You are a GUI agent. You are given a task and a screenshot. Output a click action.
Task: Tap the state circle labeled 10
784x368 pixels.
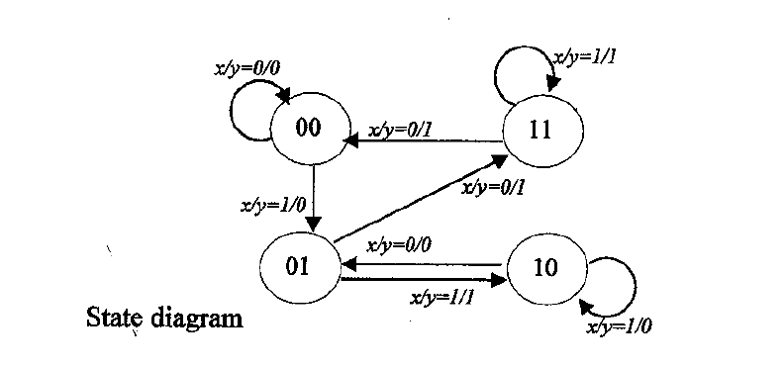pyautogui.click(x=545, y=267)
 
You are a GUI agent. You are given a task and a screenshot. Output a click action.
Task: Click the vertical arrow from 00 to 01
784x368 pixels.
pyautogui.click(x=312, y=198)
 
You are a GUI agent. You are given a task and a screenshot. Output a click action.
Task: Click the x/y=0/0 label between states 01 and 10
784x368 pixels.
pyautogui.click(x=403, y=245)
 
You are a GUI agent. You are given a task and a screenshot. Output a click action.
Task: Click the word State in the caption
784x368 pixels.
pyautogui.click(x=117, y=320)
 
